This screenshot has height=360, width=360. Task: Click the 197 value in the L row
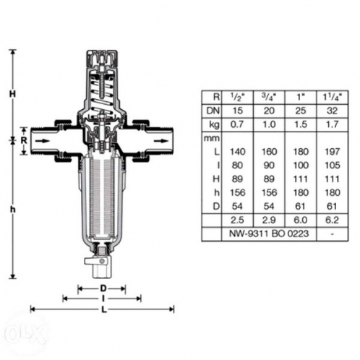coord(332,152)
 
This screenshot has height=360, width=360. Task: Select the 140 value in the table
coord(237,152)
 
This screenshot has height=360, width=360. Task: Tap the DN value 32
coord(332,111)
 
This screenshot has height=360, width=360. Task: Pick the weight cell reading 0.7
coord(237,124)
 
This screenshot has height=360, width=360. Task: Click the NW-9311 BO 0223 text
coord(269,233)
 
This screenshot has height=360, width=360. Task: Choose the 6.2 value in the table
coord(332,220)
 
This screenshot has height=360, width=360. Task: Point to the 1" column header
coord(301,97)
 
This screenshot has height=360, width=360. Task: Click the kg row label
coord(214,125)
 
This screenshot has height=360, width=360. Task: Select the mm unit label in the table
coord(212,139)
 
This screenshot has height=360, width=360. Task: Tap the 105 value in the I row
coord(332,166)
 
